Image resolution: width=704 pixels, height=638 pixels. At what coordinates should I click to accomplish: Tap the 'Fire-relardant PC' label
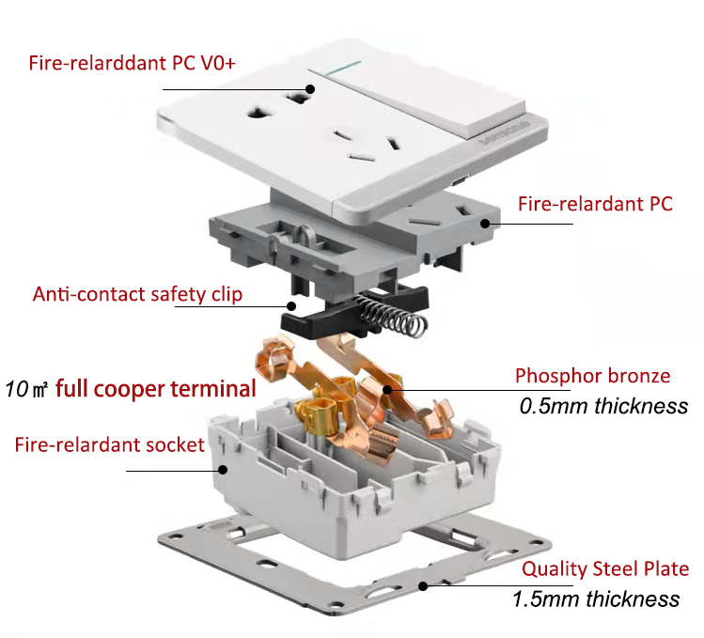[595, 204]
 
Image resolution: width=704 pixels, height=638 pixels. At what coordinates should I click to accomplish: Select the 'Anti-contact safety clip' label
[137, 294]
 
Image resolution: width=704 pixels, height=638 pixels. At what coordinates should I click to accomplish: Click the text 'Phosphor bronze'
[592, 376]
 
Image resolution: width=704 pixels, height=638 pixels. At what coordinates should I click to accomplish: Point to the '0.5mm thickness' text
[603, 406]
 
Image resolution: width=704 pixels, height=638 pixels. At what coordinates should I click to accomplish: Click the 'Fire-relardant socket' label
[109, 443]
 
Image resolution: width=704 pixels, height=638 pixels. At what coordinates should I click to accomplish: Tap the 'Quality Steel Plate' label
[605, 568]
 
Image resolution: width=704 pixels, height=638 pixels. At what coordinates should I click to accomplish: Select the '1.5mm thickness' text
[596, 599]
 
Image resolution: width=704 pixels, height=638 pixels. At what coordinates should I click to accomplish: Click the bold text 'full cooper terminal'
[156, 387]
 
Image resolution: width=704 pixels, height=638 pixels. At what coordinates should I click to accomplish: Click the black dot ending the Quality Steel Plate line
[425, 585]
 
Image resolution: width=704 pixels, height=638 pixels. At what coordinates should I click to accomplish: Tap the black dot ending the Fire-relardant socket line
[223, 469]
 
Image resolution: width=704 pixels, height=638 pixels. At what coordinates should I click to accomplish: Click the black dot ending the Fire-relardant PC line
[485, 224]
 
